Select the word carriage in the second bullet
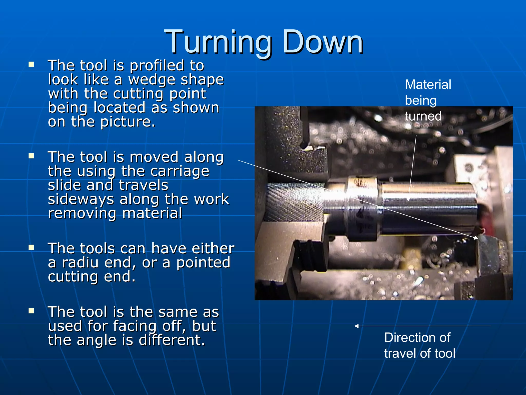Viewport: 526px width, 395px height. (x=180, y=171)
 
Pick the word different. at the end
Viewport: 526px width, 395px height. (x=172, y=340)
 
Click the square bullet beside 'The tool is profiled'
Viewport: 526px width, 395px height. (x=31, y=64)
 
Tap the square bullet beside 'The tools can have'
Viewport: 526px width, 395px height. (x=31, y=247)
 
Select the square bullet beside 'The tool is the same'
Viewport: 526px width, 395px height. (x=31, y=311)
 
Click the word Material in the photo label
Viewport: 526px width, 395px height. (x=428, y=85)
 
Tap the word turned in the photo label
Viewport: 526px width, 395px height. (x=423, y=116)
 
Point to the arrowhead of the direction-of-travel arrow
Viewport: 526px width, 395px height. (x=356, y=326)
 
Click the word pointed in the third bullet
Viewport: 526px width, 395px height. (x=203, y=263)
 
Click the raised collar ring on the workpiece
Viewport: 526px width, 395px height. (x=362, y=208)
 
